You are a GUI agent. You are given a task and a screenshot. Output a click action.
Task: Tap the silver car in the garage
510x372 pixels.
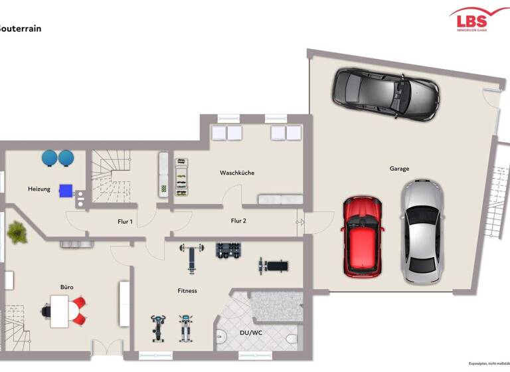[x=422, y=232]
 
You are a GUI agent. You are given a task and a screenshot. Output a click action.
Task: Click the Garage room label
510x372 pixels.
[x=399, y=169]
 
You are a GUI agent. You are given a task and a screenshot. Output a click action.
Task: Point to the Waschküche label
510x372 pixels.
[x=237, y=173]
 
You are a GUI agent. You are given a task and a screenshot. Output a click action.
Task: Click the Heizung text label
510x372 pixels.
[x=39, y=189]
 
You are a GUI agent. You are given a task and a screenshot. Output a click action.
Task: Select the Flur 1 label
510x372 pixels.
[x=125, y=222]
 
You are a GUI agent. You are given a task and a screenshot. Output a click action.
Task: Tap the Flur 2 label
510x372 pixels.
[x=238, y=221]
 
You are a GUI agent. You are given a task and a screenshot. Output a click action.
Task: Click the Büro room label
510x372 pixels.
[x=67, y=287]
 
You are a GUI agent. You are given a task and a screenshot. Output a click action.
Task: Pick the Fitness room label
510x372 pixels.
[x=187, y=291]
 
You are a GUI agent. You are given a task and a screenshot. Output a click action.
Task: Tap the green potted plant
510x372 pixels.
[x=15, y=232]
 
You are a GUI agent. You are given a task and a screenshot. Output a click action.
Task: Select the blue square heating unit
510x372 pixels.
[x=66, y=190]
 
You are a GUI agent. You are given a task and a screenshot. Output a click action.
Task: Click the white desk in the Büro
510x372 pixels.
[x=64, y=310]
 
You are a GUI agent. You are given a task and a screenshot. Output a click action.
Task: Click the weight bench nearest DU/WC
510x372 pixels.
[x=273, y=266]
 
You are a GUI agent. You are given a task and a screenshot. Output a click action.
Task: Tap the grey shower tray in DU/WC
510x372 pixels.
[x=276, y=308]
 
